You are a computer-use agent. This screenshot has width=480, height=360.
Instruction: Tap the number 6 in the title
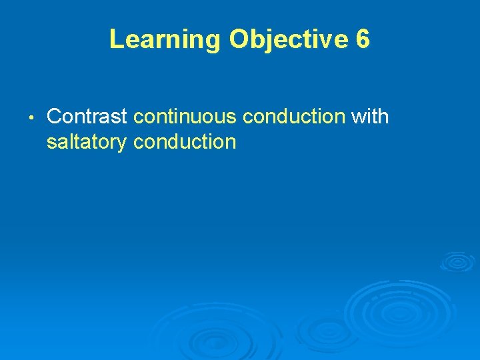363,39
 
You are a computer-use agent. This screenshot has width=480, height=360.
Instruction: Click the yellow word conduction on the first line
293,117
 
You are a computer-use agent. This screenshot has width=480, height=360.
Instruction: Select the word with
370,117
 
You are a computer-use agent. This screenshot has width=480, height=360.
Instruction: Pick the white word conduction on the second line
185,142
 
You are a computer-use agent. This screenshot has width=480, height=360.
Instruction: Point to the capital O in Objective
239,39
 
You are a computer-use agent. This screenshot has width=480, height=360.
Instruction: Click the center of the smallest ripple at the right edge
458,261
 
